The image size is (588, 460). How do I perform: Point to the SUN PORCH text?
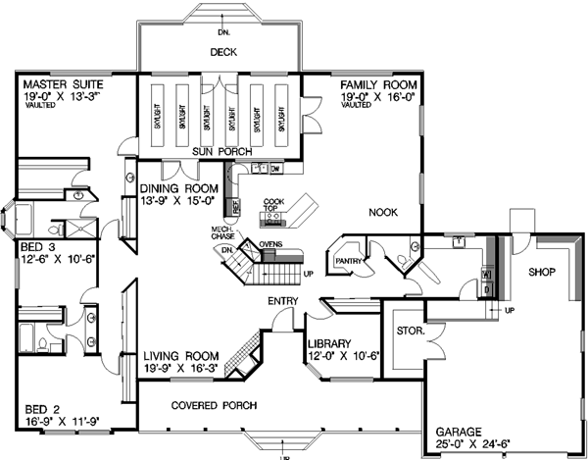pyautogui.click(x=218, y=151)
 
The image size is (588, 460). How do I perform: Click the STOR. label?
pyautogui.click(x=411, y=332)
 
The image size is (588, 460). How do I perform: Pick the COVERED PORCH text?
pyautogui.click(x=214, y=405)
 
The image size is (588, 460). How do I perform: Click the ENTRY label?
pyautogui.click(x=273, y=301)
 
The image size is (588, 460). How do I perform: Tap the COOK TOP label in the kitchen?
pyautogui.click(x=273, y=204)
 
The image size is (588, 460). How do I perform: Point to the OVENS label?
pyautogui.click(x=272, y=241)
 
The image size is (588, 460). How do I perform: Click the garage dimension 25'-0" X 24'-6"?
pyautogui.click(x=474, y=443)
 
